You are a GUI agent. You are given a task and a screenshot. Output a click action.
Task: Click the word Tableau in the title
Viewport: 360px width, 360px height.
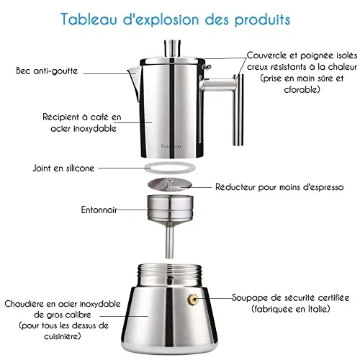tap(89, 19)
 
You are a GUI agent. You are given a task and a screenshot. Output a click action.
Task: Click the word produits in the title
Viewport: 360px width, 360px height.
tap(262, 19)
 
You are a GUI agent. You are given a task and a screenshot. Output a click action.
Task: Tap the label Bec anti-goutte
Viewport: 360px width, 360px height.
tap(47, 71)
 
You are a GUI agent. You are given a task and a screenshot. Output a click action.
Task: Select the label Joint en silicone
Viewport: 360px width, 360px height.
tap(63, 168)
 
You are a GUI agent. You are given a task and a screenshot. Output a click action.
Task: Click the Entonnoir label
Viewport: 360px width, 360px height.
tap(99, 210)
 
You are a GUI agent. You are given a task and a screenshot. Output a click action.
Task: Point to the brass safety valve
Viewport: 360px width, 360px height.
tap(193, 300)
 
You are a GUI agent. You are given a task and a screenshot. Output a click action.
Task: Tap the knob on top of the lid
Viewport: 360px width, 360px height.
tap(172, 48)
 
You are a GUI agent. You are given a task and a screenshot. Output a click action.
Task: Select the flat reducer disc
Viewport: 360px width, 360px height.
tap(170, 185)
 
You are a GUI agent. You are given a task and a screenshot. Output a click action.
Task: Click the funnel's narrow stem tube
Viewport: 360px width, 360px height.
tap(170, 243)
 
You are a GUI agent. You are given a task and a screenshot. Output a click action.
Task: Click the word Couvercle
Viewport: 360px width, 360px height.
tap(267, 55)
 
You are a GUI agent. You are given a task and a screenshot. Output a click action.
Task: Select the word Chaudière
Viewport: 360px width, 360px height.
tap(24, 304)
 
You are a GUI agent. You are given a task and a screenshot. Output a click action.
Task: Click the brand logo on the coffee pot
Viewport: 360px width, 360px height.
tap(171, 146)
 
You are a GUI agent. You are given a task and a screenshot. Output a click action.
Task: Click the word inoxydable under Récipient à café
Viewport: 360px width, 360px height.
tap(94, 129)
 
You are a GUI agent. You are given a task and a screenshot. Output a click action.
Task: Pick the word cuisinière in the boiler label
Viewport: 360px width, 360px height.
tap(61, 336)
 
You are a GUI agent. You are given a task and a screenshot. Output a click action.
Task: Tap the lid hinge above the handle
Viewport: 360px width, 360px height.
tap(207, 66)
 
